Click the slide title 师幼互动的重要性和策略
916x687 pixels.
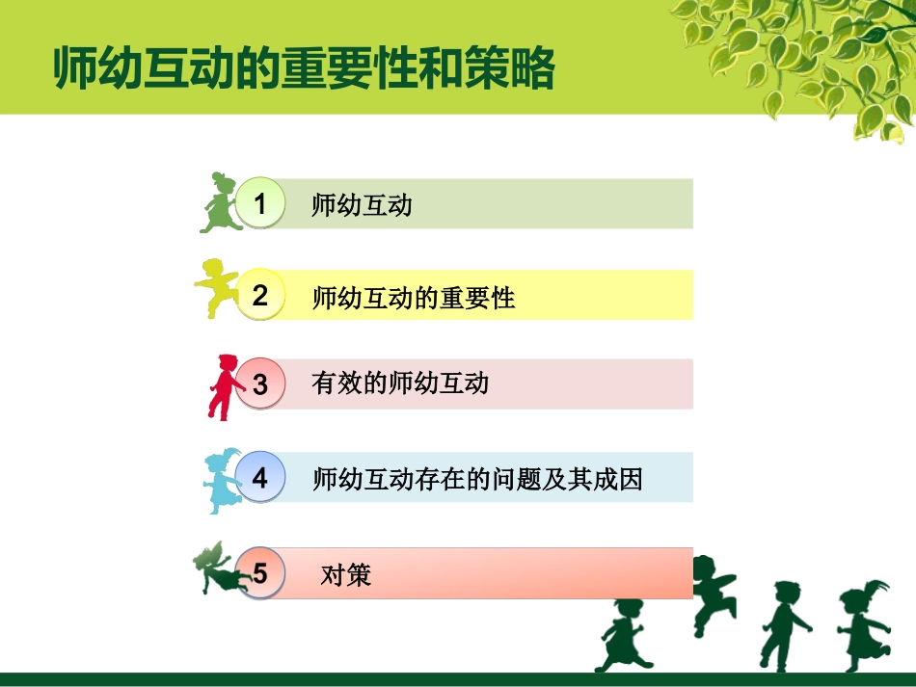click(x=305, y=68)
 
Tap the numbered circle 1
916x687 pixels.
click(x=260, y=203)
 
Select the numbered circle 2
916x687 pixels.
click(x=260, y=295)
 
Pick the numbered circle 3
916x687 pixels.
click(x=260, y=384)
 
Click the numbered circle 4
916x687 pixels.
click(x=260, y=477)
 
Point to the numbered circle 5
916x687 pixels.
click(x=260, y=574)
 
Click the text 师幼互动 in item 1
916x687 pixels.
click(x=362, y=205)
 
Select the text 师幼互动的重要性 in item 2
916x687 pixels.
click(x=414, y=298)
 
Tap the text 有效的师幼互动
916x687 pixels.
click(x=400, y=383)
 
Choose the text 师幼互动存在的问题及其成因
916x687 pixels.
click(x=477, y=478)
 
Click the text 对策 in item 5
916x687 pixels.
click(x=345, y=576)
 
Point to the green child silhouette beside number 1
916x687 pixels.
click(x=219, y=203)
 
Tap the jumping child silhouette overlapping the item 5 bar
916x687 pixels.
click(x=711, y=593)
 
